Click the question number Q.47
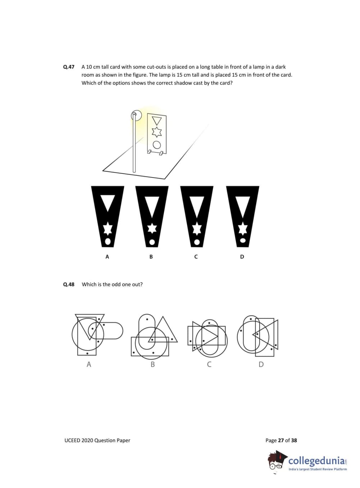tap(68, 67)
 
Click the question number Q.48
tap(68, 284)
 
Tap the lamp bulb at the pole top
tap(135, 115)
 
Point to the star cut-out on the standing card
tap(156, 132)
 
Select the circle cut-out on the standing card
tap(156, 145)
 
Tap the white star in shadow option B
tap(152, 229)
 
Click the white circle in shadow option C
tap(197, 242)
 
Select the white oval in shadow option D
tap(242, 240)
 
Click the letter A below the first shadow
tap(107, 257)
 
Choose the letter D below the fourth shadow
tap(242, 257)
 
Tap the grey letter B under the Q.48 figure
tap(152, 364)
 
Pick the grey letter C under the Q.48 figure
tap(209, 364)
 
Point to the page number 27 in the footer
tap(281, 440)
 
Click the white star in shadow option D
tap(243, 229)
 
